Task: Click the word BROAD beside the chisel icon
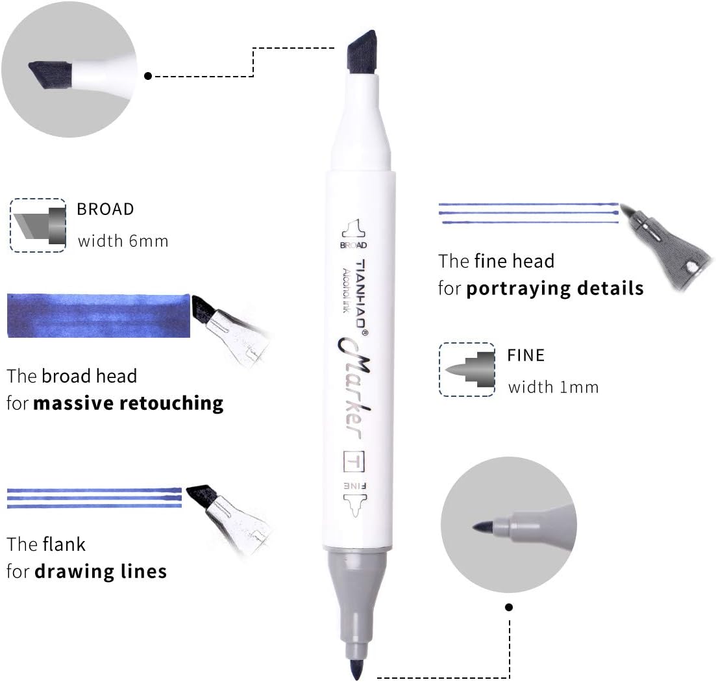(x=105, y=209)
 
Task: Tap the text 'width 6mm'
(x=123, y=242)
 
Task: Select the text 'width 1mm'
(x=553, y=388)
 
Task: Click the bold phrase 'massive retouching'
(x=128, y=403)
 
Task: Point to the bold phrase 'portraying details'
(x=555, y=288)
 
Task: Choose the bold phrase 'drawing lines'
(x=100, y=572)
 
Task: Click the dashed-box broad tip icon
(x=38, y=225)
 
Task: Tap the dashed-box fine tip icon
(x=467, y=370)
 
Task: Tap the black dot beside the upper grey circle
(x=148, y=76)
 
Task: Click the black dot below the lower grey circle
(x=509, y=607)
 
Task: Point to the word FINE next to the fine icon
(x=526, y=355)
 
